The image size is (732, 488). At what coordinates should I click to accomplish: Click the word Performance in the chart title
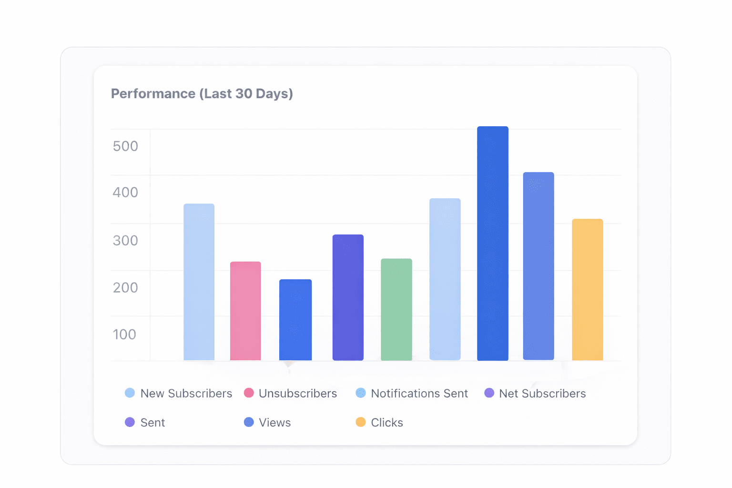(x=153, y=94)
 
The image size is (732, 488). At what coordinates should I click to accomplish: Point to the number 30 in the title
(x=244, y=93)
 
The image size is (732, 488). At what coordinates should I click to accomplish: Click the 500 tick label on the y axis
(x=125, y=146)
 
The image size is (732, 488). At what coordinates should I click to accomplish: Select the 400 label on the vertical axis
(x=125, y=192)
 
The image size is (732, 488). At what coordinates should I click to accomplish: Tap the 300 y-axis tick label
(x=125, y=241)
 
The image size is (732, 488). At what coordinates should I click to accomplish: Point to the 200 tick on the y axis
(x=125, y=288)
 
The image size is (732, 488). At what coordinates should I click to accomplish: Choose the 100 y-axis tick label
(x=124, y=335)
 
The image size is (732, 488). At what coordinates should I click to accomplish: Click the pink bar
(x=245, y=311)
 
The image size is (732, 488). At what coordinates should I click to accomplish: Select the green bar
(x=396, y=310)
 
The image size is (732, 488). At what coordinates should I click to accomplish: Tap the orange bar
(x=588, y=290)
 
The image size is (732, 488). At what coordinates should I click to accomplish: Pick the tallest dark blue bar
(x=493, y=244)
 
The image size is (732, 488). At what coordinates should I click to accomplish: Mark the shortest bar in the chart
(x=295, y=320)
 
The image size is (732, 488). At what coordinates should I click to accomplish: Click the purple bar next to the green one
(x=348, y=297)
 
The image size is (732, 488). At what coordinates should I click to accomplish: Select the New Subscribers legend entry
(x=178, y=393)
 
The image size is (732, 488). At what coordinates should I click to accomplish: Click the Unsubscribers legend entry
(x=290, y=393)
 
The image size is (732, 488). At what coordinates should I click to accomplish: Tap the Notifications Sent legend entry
(x=412, y=393)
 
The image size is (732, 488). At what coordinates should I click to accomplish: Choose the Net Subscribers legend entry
(x=535, y=393)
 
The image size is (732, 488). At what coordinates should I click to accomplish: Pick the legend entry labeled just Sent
(x=145, y=422)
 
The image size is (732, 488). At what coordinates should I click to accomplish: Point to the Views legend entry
(x=267, y=422)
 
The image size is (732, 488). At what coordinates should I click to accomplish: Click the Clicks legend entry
(x=379, y=422)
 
